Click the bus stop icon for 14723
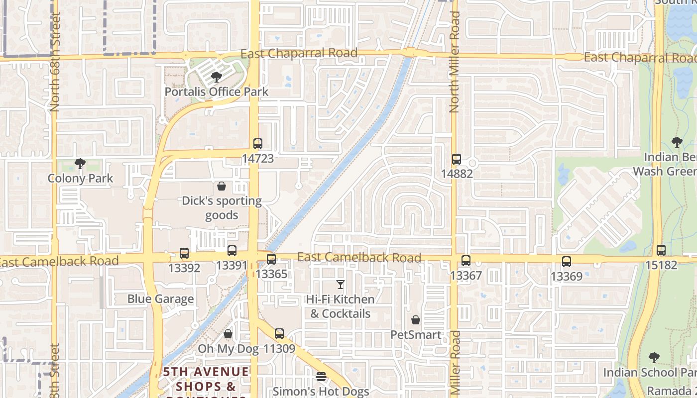(x=257, y=144)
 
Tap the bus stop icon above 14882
(x=457, y=159)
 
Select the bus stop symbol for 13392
(x=184, y=253)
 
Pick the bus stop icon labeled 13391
(x=232, y=251)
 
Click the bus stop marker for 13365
(x=271, y=259)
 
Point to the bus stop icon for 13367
(x=465, y=260)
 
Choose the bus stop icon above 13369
(x=566, y=261)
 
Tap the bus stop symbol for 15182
(x=661, y=250)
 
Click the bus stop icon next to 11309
(x=279, y=334)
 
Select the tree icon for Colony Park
(x=80, y=163)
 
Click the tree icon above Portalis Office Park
(x=216, y=77)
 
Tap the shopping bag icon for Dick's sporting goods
(x=222, y=186)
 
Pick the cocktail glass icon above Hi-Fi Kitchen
(x=341, y=285)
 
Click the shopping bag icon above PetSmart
(x=416, y=320)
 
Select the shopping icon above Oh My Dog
(x=228, y=334)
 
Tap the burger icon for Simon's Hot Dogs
(x=321, y=377)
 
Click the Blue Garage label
(x=160, y=299)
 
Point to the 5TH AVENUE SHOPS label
(x=206, y=379)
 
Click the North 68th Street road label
(x=55, y=62)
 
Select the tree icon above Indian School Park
(x=654, y=357)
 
